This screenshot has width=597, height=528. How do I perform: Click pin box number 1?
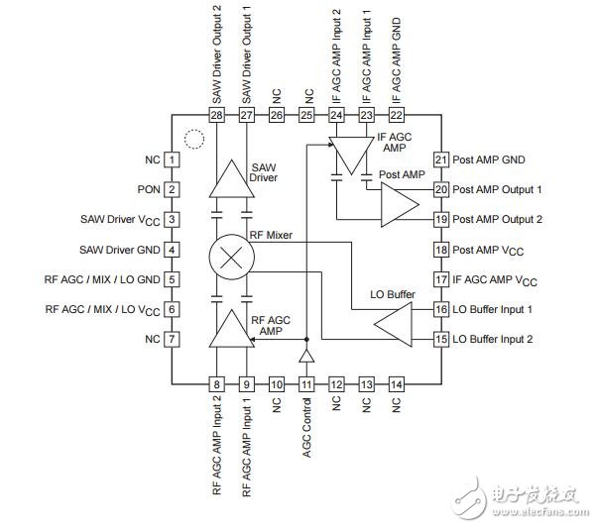172,158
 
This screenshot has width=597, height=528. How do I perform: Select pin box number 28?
217,116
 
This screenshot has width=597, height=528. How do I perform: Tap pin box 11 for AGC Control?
306,383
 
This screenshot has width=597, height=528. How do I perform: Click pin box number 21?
441,158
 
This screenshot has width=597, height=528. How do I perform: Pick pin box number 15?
441,340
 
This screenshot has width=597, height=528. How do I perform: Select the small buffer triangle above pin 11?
306,355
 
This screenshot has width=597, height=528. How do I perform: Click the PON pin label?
149,189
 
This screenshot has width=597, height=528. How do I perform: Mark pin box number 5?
172,279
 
